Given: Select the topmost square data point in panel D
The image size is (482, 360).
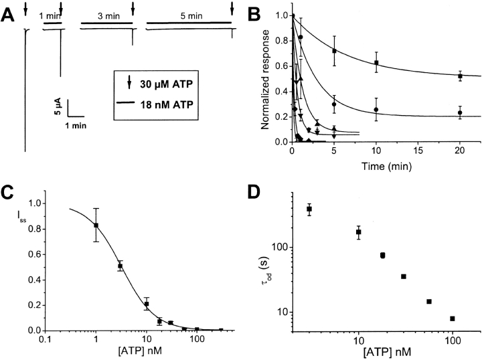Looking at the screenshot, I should click(x=309, y=209).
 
